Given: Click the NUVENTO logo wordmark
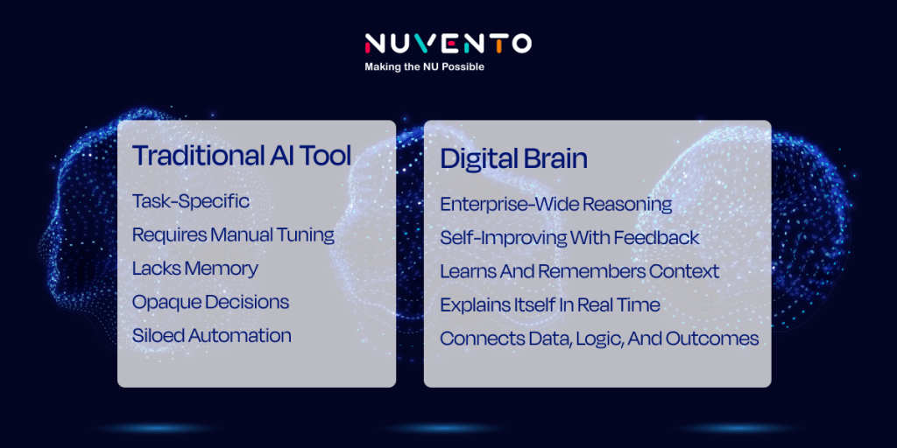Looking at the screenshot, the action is tap(448, 44).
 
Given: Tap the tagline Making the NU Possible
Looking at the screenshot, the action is tap(425, 66).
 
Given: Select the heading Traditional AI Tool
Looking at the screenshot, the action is tap(242, 156).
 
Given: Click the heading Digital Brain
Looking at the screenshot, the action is tap(513, 159).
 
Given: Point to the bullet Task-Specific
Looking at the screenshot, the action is tap(190, 202).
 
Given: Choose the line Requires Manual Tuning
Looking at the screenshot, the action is tap(233, 235).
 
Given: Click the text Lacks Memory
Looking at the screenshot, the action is tap(195, 269).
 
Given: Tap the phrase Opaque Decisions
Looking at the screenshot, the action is tap(210, 302).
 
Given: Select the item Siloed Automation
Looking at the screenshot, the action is tap(212, 335).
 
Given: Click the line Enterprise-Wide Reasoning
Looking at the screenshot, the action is tap(556, 205).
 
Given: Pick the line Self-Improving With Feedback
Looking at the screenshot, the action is tap(569, 238).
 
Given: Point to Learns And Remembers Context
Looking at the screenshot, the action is tap(580, 271).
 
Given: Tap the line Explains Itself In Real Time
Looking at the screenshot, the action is tap(550, 305).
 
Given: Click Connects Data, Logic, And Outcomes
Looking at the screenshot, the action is tap(599, 339).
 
